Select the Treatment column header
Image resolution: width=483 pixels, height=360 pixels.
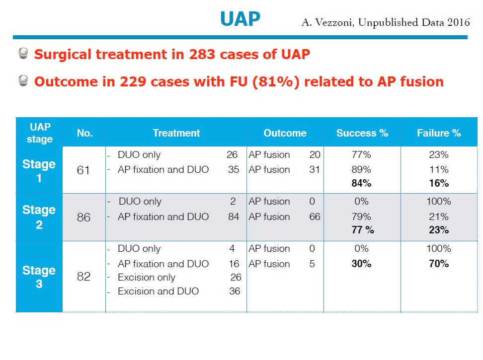(x=176, y=133)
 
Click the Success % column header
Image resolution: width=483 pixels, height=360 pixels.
(x=362, y=133)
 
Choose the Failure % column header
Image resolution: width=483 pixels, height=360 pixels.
(x=439, y=133)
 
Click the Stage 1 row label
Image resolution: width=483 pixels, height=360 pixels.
(x=39, y=170)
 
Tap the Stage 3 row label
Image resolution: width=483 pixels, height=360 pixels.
(x=39, y=277)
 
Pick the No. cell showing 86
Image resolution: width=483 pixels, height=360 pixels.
(x=83, y=217)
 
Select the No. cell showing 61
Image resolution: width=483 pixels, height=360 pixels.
(x=83, y=170)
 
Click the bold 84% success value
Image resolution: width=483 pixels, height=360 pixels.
(x=361, y=183)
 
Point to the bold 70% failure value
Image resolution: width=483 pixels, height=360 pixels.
(x=439, y=264)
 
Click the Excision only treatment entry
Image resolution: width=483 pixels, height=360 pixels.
(x=146, y=278)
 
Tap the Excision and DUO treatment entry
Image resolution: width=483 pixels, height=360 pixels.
(x=158, y=291)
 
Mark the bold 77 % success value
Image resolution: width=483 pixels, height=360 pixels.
(x=362, y=230)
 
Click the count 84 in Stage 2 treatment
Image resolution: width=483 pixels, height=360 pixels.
(x=233, y=216)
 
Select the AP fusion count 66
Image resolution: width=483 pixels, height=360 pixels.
(x=315, y=216)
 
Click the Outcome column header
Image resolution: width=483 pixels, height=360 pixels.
(x=285, y=133)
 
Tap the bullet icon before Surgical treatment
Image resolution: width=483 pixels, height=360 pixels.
(x=23, y=54)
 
